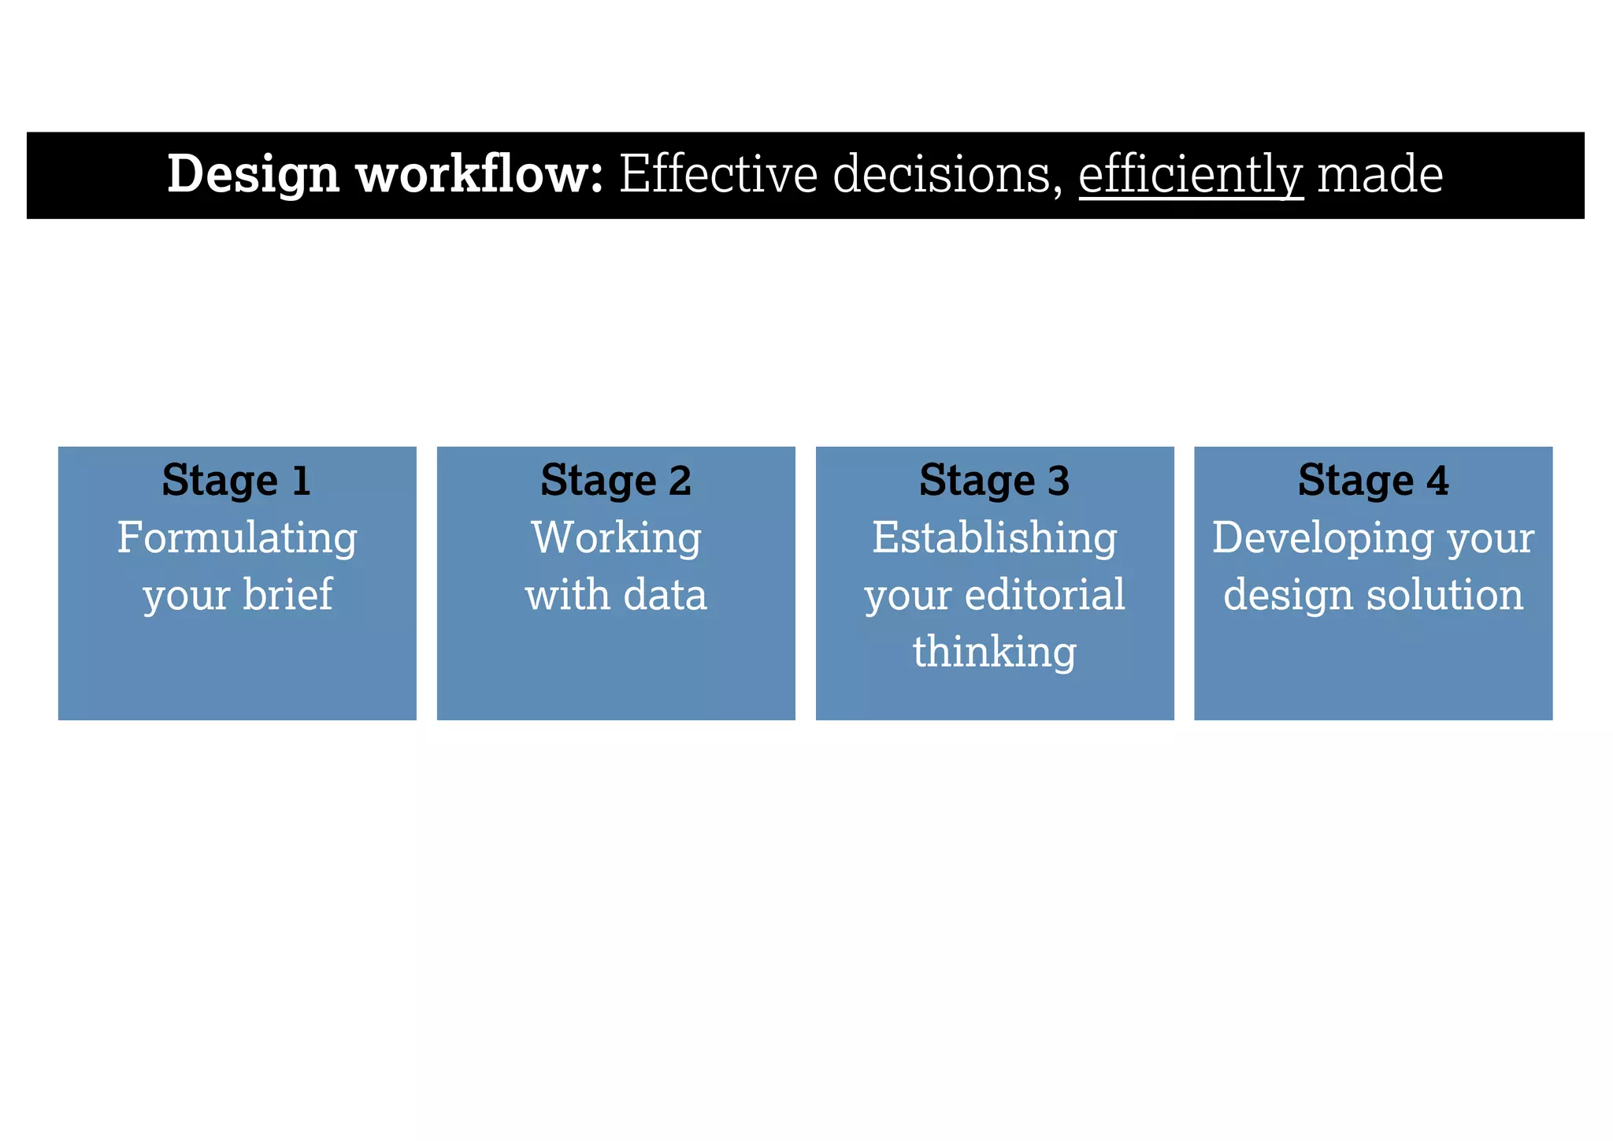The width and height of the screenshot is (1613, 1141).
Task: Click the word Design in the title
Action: (253, 175)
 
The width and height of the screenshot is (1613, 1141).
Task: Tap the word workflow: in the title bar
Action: (480, 175)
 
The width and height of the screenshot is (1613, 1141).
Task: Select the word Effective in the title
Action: (718, 175)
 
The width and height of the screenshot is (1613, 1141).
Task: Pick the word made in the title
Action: (1380, 175)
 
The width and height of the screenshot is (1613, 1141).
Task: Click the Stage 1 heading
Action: (237, 481)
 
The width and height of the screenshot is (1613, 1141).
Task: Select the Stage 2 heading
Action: (616, 481)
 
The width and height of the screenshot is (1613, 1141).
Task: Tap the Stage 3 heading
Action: (995, 481)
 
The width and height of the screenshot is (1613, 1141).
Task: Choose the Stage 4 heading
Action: (1374, 481)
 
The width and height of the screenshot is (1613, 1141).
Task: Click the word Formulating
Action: (237, 539)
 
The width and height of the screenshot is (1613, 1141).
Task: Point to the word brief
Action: (287, 594)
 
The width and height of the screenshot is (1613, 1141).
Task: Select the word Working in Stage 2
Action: (616, 539)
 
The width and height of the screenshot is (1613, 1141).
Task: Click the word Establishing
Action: (995, 539)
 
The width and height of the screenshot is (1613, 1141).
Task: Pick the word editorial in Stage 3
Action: (1044, 594)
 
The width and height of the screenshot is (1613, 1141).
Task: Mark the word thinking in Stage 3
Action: (995, 652)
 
